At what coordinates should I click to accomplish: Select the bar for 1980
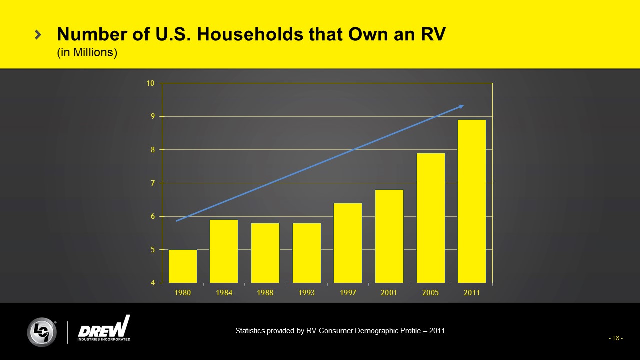click(183, 266)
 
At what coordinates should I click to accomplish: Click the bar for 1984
click(224, 251)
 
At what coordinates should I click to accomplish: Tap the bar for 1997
click(348, 243)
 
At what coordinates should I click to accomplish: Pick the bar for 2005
click(431, 218)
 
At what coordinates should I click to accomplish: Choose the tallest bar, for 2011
click(472, 201)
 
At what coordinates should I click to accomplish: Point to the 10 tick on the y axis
click(150, 83)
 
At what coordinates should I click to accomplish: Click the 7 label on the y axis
click(151, 183)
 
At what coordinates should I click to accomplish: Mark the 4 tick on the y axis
click(151, 283)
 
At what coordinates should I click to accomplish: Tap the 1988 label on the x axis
click(265, 293)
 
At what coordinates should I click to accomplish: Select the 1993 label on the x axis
click(306, 293)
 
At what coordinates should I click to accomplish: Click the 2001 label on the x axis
click(389, 293)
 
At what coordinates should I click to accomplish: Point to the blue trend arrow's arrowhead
click(462, 106)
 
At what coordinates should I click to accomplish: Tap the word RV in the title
click(432, 34)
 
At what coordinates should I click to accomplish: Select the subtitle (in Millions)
click(87, 52)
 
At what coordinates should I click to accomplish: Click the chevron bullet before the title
click(38, 34)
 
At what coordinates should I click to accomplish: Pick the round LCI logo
click(42, 332)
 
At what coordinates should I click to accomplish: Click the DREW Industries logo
click(104, 329)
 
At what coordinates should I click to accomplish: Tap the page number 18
click(615, 338)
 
